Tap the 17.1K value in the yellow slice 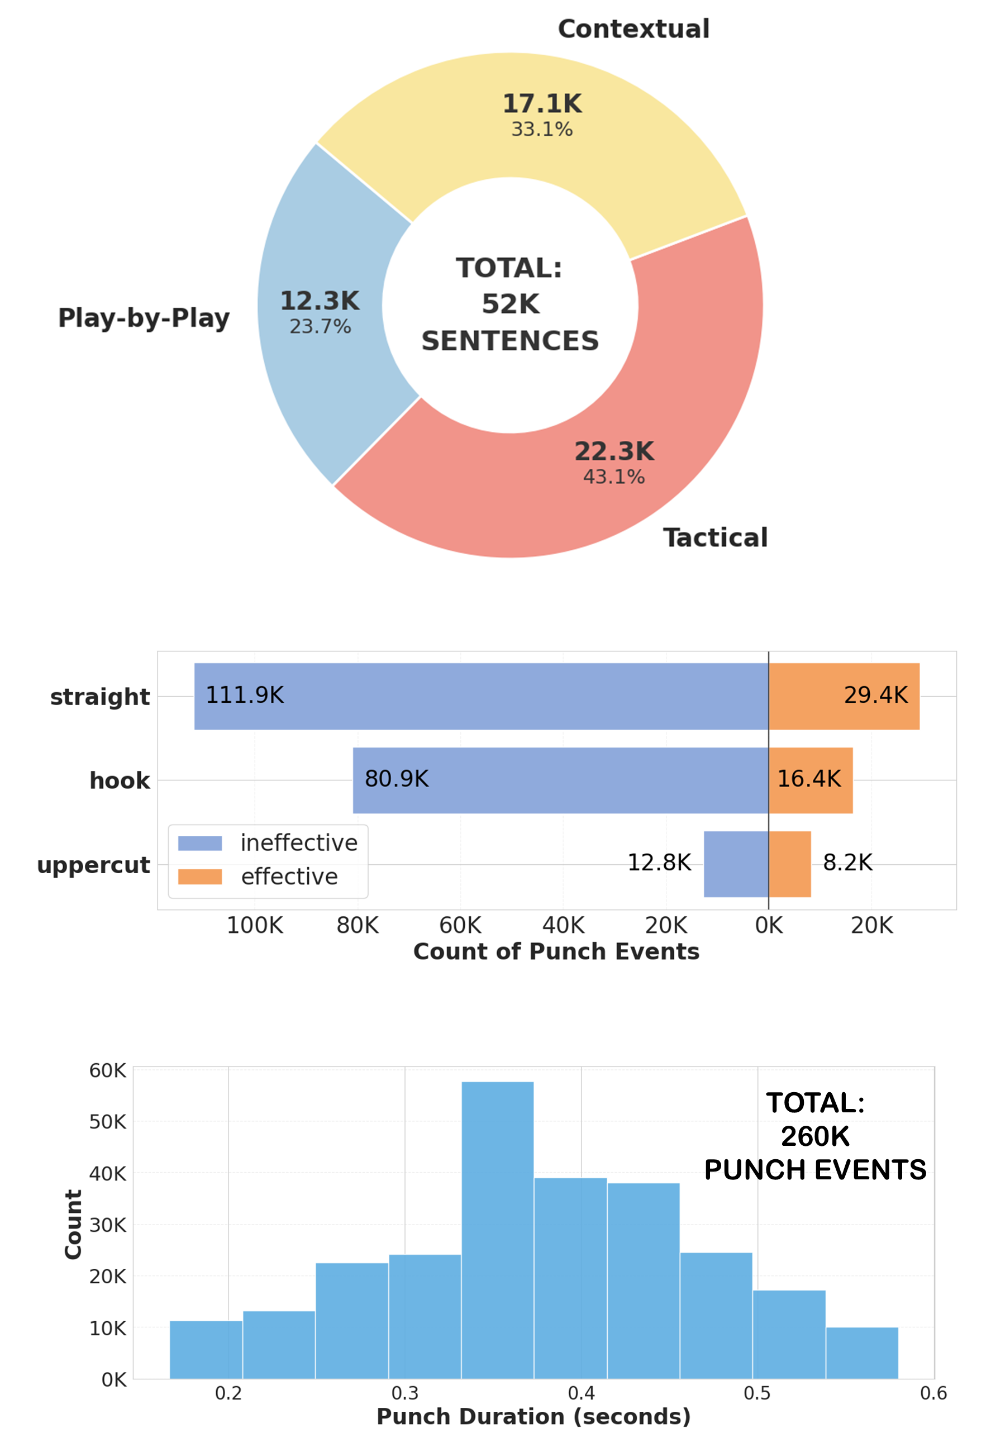[x=542, y=104]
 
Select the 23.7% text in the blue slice [x=320, y=327]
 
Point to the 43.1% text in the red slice [x=613, y=477]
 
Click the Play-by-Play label [x=144, y=318]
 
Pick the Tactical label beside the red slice [x=715, y=538]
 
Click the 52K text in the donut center [x=511, y=305]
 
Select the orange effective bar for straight [x=844, y=696]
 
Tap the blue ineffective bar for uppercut [x=736, y=864]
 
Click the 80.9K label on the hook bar [x=397, y=779]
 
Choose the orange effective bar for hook [x=811, y=780]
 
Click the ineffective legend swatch [x=200, y=844]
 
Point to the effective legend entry [x=289, y=877]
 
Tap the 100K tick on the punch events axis [x=254, y=926]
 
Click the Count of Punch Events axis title [x=556, y=952]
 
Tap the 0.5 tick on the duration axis [x=757, y=1394]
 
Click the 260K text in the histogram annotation [x=815, y=1136]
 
